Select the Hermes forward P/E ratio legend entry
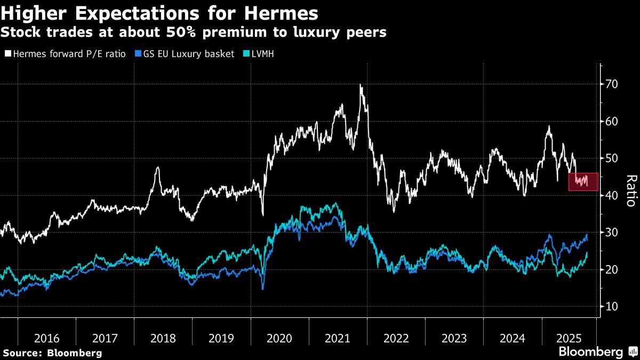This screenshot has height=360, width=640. coord(69,54)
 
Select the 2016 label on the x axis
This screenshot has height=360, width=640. coord(46,338)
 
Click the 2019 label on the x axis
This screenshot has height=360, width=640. coord(221,338)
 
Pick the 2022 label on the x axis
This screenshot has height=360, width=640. coord(396,338)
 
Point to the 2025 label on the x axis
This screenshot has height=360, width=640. coord(569,338)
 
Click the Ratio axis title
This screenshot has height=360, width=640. coord(630,190)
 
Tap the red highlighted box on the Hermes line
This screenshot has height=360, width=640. coord(583,182)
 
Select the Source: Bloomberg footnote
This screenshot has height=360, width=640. coord(52,353)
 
